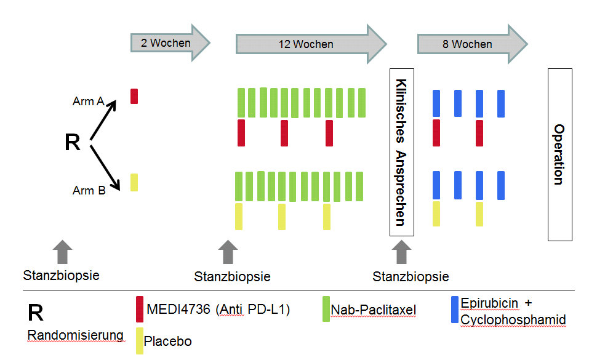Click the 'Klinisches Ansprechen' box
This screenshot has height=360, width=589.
pyautogui.click(x=401, y=152)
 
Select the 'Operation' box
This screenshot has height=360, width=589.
pyautogui.click(x=559, y=154)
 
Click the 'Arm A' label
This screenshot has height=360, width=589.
pyautogui.click(x=88, y=102)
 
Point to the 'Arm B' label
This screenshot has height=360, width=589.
pyautogui.click(x=89, y=190)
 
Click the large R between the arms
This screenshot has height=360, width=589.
pyautogui.click(x=73, y=142)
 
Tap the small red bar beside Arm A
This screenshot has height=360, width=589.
pyautogui.click(x=134, y=96)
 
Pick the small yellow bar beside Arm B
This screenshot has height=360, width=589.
pyautogui.click(x=134, y=183)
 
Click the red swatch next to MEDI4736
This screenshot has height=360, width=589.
pyautogui.click(x=140, y=309)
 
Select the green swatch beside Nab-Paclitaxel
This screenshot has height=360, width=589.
pyautogui.click(x=326, y=308)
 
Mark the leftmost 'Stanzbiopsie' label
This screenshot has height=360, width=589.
pyautogui.click(x=61, y=275)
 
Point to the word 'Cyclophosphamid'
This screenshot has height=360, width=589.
pyautogui.click(x=513, y=320)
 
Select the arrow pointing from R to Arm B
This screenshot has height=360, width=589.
pyautogui.click(x=104, y=165)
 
